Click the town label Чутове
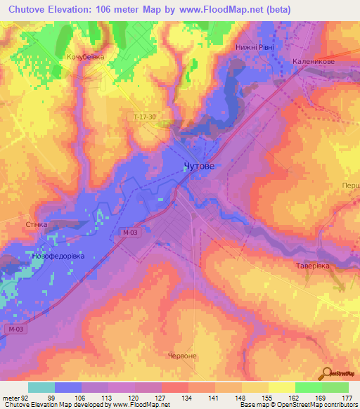point(198,166)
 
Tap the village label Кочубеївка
point(84,57)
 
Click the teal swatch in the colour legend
point(41,387)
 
